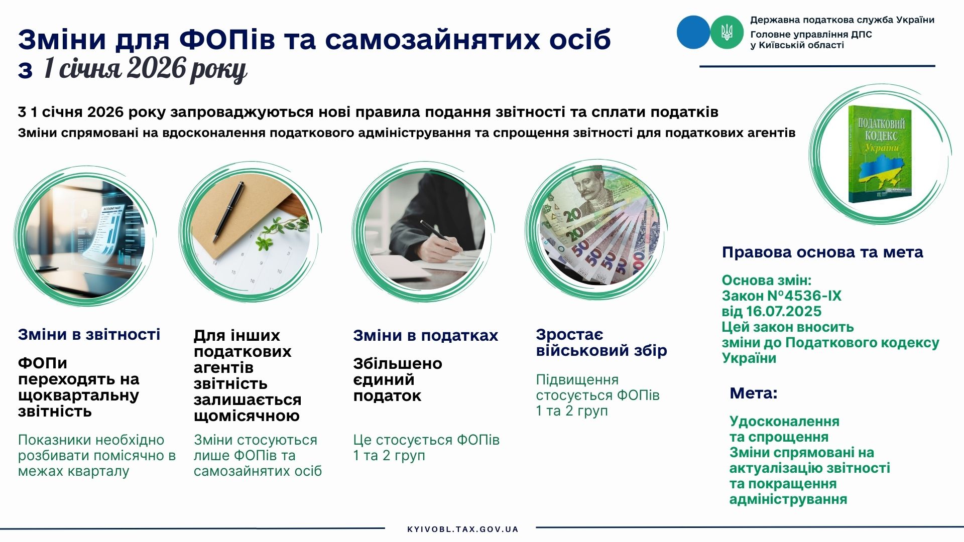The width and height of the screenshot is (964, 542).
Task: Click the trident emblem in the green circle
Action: [727, 32]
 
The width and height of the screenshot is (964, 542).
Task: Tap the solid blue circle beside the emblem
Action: [693, 32]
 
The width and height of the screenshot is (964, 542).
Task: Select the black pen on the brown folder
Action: [228, 211]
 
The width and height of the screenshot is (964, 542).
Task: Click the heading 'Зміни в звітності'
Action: [89, 334]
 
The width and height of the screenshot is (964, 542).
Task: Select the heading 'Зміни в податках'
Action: [425, 335]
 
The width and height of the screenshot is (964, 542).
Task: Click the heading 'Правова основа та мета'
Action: [822, 252]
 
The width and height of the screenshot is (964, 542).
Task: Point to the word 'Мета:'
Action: [753, 393]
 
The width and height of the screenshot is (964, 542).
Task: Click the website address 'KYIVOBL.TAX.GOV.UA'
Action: [462, 529]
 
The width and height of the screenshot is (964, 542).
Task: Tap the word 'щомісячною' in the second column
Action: [247, 416]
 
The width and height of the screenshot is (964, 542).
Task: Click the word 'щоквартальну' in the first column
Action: [78, 395]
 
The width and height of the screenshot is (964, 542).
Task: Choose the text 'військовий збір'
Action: [601, 350]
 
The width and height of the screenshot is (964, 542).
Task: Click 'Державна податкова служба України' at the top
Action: [842, 20]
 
